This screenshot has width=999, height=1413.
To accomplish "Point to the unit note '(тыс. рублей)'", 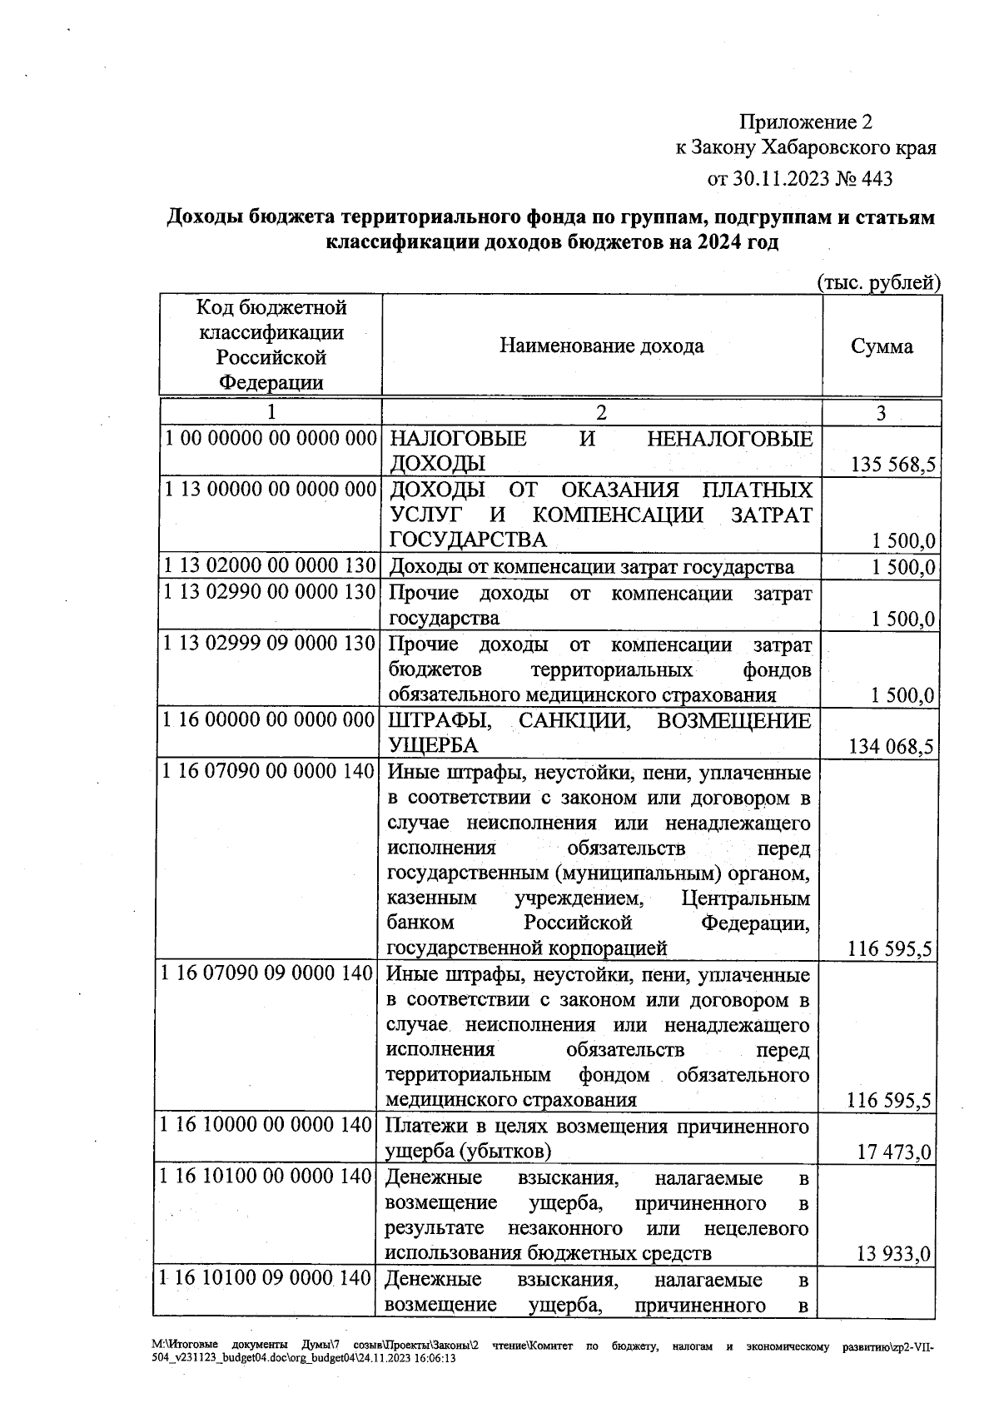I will coord(879,282).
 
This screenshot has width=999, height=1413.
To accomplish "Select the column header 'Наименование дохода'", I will coord(601,346).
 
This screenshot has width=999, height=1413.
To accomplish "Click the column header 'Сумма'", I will coord(882,346).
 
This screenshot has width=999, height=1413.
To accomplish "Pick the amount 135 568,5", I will coord(891,465).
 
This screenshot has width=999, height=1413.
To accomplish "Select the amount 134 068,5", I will coord(890,747).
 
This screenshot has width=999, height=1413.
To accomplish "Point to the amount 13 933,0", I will coord(893,1254).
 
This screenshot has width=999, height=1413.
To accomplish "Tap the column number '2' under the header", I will coord(602,412).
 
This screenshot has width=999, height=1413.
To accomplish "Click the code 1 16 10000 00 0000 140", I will coord(266,1126).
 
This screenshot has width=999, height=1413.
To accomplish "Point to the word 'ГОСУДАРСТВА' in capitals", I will coord(468,540).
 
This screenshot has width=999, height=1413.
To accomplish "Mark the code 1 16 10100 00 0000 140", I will coord(266,1177).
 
